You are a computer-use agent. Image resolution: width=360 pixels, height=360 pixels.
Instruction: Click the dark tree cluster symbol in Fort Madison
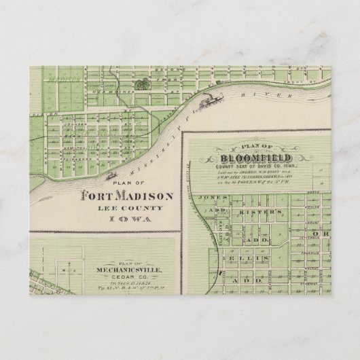[x=142, y=85]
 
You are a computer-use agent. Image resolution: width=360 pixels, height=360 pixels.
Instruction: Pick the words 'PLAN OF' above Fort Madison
[x=127, y=184]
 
